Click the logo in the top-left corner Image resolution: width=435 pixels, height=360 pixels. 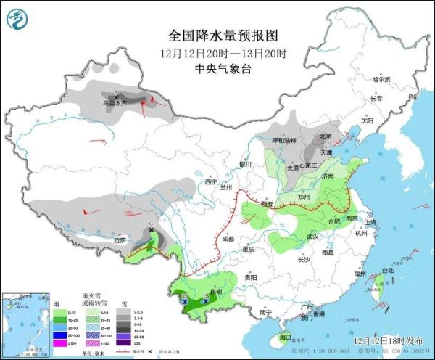[20, 20]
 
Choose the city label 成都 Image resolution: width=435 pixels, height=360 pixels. [228, 238]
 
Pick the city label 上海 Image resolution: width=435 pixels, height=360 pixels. [370, 222]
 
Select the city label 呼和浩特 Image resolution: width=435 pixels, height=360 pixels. [284, 139]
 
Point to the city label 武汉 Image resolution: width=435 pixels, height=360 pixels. [312, 237]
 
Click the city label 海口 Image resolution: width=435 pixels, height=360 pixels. [286, 337]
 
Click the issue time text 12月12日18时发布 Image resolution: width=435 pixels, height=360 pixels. [390, 340]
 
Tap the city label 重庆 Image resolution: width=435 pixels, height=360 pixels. [249, 250]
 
